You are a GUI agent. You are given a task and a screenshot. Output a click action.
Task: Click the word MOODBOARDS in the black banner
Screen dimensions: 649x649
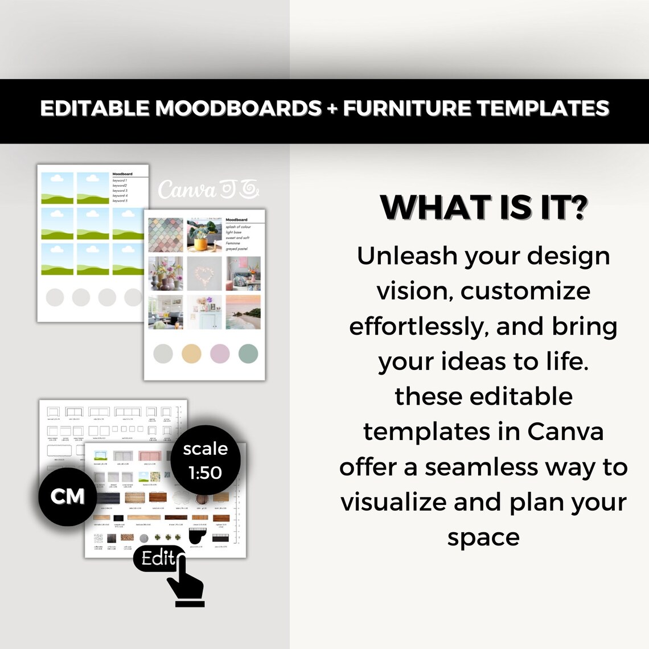coord(238,108)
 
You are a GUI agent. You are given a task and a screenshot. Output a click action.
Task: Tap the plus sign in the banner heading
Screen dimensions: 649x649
coord(332,109)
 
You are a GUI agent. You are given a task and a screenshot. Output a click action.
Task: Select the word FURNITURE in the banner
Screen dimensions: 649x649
coord(406,108)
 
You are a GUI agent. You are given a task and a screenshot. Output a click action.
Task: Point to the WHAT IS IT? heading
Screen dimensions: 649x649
coord(483,207)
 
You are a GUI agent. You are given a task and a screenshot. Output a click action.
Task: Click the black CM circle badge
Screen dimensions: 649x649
coord(67,496)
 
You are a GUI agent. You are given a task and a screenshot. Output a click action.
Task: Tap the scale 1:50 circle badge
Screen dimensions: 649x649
coord(205,460)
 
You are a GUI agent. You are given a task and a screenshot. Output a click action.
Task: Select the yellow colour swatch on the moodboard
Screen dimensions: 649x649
coord(191,354)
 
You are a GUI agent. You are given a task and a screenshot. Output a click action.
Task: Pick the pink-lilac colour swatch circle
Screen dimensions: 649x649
coord(220,354)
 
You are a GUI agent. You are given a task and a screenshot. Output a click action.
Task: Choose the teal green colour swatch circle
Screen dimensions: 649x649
coord(248,354)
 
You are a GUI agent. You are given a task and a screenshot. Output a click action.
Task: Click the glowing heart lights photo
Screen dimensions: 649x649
coord(204,274)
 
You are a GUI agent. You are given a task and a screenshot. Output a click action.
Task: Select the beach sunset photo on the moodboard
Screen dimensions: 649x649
coord(243,312)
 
